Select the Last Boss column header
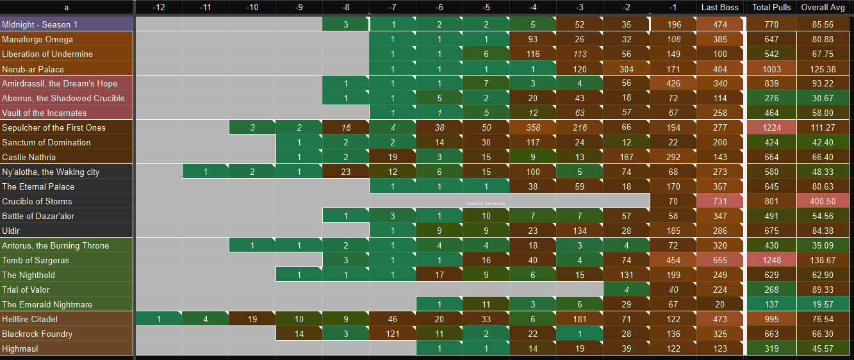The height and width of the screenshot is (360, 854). coord(720,8)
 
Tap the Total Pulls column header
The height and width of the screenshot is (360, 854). coord(771,8)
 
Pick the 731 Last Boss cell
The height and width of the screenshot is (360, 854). coord(720,202)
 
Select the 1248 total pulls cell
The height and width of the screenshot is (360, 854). coord(771,261)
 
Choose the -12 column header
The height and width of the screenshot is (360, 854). coord(159,8)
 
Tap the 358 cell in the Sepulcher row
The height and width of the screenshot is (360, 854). coord(533,128)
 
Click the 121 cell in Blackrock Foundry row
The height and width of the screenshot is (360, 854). coord(392,334)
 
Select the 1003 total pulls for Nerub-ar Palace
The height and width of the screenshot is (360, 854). coord(771,69)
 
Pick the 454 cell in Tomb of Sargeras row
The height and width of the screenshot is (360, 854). coord(673,261)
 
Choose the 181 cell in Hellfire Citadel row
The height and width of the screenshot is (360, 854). coord(580,320)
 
